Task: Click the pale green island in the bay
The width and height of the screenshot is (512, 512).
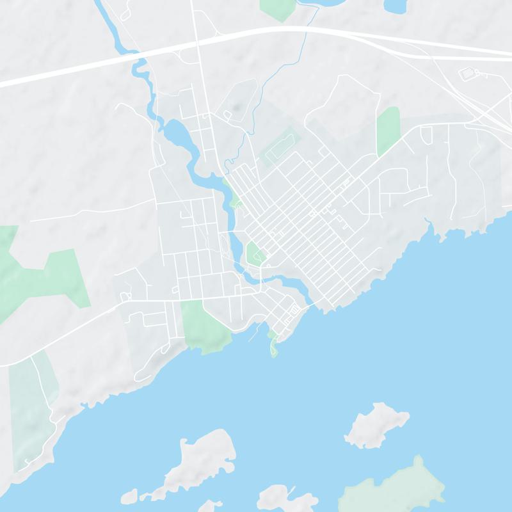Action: click(394, 486)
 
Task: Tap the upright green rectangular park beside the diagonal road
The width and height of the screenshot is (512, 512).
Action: click(388, 131)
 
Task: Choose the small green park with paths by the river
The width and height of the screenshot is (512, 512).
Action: click(255, 254)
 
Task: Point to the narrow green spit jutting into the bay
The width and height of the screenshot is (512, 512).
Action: click(274, 346)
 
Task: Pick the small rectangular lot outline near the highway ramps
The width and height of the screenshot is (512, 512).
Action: click(469, 74)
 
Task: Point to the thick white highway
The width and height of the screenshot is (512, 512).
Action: click(96, 64)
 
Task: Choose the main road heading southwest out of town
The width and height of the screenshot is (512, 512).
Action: click(64, 333)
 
